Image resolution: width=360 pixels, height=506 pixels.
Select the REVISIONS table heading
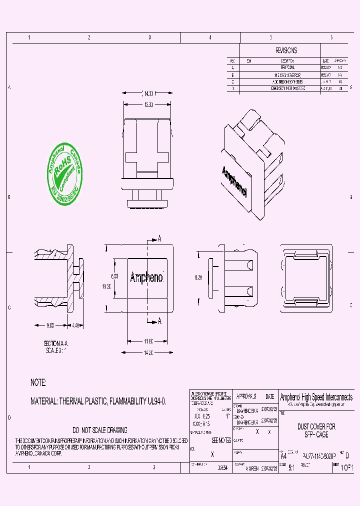point(286,50)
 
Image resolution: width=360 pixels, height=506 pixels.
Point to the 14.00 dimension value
point(148,93)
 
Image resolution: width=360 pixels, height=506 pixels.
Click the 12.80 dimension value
point(148,104)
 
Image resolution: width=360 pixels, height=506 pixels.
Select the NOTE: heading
point(38,382)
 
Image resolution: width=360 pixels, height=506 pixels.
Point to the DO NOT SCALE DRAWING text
point(100,430)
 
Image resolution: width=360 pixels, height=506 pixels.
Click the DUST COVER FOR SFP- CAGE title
point(316,431)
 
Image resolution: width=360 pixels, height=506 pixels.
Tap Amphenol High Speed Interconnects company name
point(316,396)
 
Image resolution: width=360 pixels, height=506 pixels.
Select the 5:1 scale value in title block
point(291,469)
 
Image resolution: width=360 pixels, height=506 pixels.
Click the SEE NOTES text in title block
point(221,440)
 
